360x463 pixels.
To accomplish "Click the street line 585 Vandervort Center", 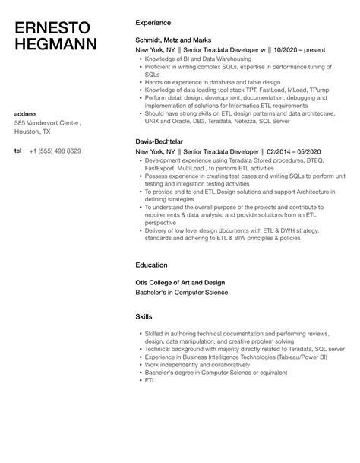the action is coord(48,123).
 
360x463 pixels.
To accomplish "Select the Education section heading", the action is coord(151,266).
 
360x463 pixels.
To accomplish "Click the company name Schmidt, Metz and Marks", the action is coord(172,40).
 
